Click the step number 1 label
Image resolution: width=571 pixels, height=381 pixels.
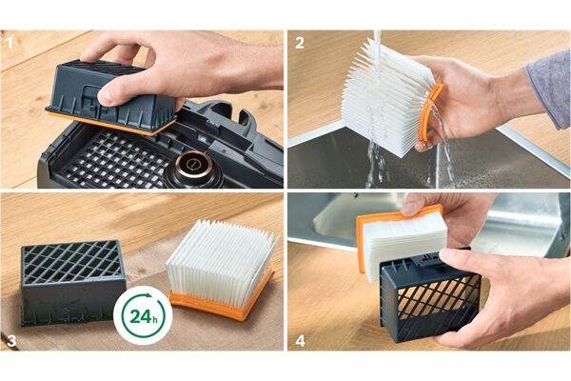(10, 43)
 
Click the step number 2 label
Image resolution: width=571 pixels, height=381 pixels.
(300, 43)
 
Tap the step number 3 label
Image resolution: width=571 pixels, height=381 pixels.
(11, 341)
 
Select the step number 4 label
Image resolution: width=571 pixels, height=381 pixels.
(300, 341)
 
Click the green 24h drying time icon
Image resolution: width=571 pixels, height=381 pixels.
(144, 315)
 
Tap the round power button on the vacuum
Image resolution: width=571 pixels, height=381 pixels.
(191, 165)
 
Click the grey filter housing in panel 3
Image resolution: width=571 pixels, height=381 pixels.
(73, 282)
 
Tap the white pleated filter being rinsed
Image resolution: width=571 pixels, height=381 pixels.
(386, 98)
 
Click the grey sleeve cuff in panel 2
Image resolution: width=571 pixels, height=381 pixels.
(549, 90)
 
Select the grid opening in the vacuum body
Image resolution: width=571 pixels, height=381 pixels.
(116, 160)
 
